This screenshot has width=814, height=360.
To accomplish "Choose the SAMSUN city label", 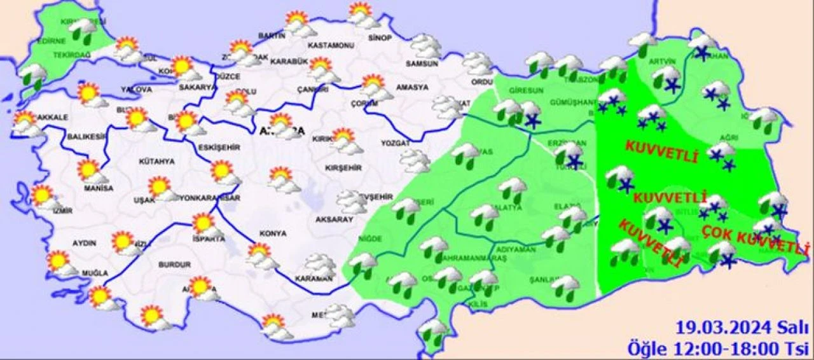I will (x=422, y=64).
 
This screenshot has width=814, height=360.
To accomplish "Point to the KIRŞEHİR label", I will (x=343, y=168).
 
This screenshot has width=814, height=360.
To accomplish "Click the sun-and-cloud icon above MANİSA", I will (x=90, y=170).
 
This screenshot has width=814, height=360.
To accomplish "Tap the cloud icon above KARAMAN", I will (x=319, y=264).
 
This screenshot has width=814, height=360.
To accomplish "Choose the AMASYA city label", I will (x=411, y=87).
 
